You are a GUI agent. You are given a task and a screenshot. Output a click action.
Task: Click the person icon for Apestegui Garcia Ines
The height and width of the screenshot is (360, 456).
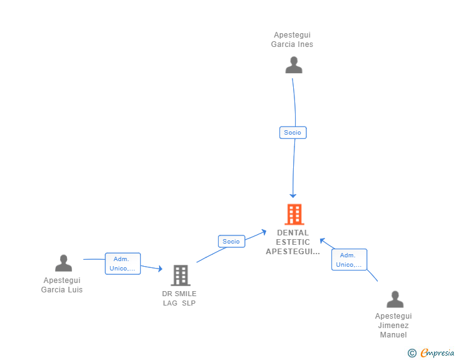point(293,65)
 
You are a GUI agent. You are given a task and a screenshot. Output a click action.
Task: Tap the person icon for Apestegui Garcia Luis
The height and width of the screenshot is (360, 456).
point(63,263)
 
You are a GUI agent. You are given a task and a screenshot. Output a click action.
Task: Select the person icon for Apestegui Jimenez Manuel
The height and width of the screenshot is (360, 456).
point(395,299)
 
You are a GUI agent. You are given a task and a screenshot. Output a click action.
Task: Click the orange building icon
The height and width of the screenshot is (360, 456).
point(294,215)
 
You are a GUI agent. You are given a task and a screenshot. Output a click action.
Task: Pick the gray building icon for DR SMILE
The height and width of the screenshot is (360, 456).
point(180,275)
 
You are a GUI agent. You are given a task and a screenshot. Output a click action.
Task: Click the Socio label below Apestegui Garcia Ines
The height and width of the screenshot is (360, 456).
point(293,133)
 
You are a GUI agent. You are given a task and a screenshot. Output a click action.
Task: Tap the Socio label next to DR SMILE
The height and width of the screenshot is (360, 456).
point(231,241)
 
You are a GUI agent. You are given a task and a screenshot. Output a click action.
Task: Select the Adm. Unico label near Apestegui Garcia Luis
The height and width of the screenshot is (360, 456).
point(123,264)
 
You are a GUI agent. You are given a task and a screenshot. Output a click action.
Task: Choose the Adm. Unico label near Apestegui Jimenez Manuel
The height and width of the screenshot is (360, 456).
point(349,260)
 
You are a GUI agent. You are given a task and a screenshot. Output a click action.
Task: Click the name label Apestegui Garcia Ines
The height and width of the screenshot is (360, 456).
point(292,40)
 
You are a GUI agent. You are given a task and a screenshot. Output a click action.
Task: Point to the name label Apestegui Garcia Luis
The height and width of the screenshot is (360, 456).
point(62,285)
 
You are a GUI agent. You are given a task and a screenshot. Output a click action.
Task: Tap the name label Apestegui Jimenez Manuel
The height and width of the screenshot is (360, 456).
point(393,326)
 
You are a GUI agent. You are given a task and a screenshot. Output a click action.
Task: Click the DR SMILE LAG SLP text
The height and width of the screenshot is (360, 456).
point(179,299)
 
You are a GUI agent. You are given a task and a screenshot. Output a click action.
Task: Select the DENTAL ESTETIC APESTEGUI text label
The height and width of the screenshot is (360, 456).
point(293,242)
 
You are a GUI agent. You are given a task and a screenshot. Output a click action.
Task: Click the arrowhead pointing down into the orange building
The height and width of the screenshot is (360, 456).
point(293,196)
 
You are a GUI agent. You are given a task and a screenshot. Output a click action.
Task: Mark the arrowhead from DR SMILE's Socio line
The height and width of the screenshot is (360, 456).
point(264,232)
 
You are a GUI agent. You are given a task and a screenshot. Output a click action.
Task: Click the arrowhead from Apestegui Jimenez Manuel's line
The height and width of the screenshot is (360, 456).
point(323,240)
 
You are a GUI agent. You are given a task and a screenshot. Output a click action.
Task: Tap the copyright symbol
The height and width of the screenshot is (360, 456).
point(412,353)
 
